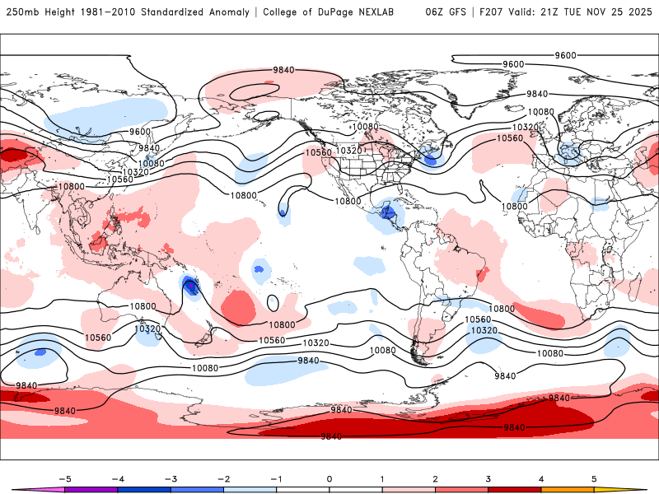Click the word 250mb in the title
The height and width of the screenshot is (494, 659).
20,12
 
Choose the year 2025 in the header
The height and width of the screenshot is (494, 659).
638,12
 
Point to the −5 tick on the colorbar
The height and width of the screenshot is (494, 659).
65,478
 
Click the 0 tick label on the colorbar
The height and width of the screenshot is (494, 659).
329,478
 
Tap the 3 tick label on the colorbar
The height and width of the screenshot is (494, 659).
488,478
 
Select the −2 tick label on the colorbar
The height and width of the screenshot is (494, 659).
224,478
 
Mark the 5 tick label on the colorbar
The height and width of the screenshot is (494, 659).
594,478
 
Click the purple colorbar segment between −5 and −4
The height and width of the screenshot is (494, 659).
91,489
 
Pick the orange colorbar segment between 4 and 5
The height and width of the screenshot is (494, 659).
568,489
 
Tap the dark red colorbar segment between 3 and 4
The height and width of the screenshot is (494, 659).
515,489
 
